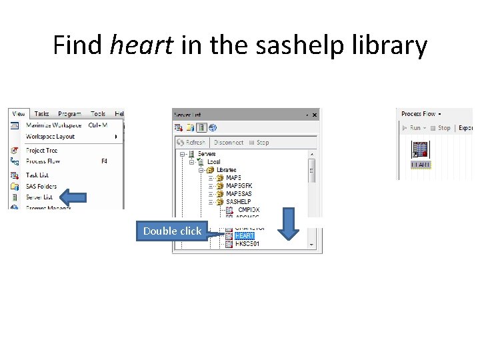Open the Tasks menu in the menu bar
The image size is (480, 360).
point(41,114)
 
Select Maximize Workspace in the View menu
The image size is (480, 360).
point(53,125)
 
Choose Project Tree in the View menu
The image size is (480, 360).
point(41,151)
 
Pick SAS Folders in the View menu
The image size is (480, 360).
point(41,187)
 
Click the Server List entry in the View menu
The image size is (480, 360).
point(39,197)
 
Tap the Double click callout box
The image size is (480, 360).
point(172,231)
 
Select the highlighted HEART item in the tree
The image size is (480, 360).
point(244,236)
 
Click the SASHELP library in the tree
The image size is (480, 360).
point(238,202)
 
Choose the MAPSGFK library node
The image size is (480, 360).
point(239,186)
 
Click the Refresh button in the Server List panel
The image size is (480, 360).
point(191,143)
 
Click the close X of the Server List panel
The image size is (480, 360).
point(315,115)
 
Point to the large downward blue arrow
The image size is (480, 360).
point(288,224)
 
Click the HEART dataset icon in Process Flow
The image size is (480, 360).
point(420,150)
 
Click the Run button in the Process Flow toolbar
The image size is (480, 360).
point(414,128)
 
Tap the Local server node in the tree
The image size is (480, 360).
point(213,162)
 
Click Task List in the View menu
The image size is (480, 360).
point(37,175)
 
